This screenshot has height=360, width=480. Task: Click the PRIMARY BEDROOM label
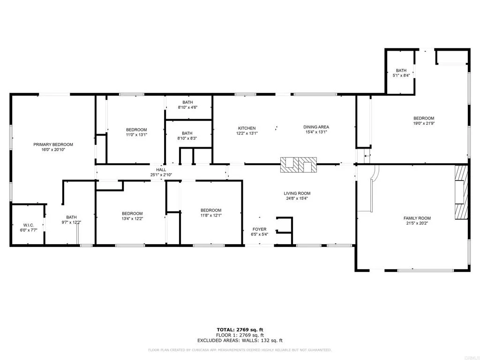coord(53,144)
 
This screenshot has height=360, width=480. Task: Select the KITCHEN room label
coord(247,128)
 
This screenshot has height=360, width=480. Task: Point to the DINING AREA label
coord(316,127)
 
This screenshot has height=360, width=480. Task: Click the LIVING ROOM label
coord(297,193)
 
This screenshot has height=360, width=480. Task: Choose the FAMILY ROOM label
coord(417,218)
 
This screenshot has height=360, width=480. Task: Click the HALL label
coord(161,170)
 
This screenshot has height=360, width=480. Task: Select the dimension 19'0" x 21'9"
coord(423,124)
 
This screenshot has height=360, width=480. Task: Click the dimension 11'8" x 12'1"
coord(211,216)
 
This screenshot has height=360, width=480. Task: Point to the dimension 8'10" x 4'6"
coord(187,107)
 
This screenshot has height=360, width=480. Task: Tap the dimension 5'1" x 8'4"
coord(401,75)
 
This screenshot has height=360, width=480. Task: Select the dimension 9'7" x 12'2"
coord(71,223)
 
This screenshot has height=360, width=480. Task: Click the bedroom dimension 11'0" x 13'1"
coord(136,135)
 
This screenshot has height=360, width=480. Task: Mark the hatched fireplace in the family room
coord(461,192)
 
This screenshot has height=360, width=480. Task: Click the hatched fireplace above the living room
coord(299,164)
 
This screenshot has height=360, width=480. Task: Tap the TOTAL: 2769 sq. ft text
coord(240,330)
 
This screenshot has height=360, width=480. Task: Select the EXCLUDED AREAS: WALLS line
coord(240,341)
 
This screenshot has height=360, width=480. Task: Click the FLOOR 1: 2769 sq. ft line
coord(240,335)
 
